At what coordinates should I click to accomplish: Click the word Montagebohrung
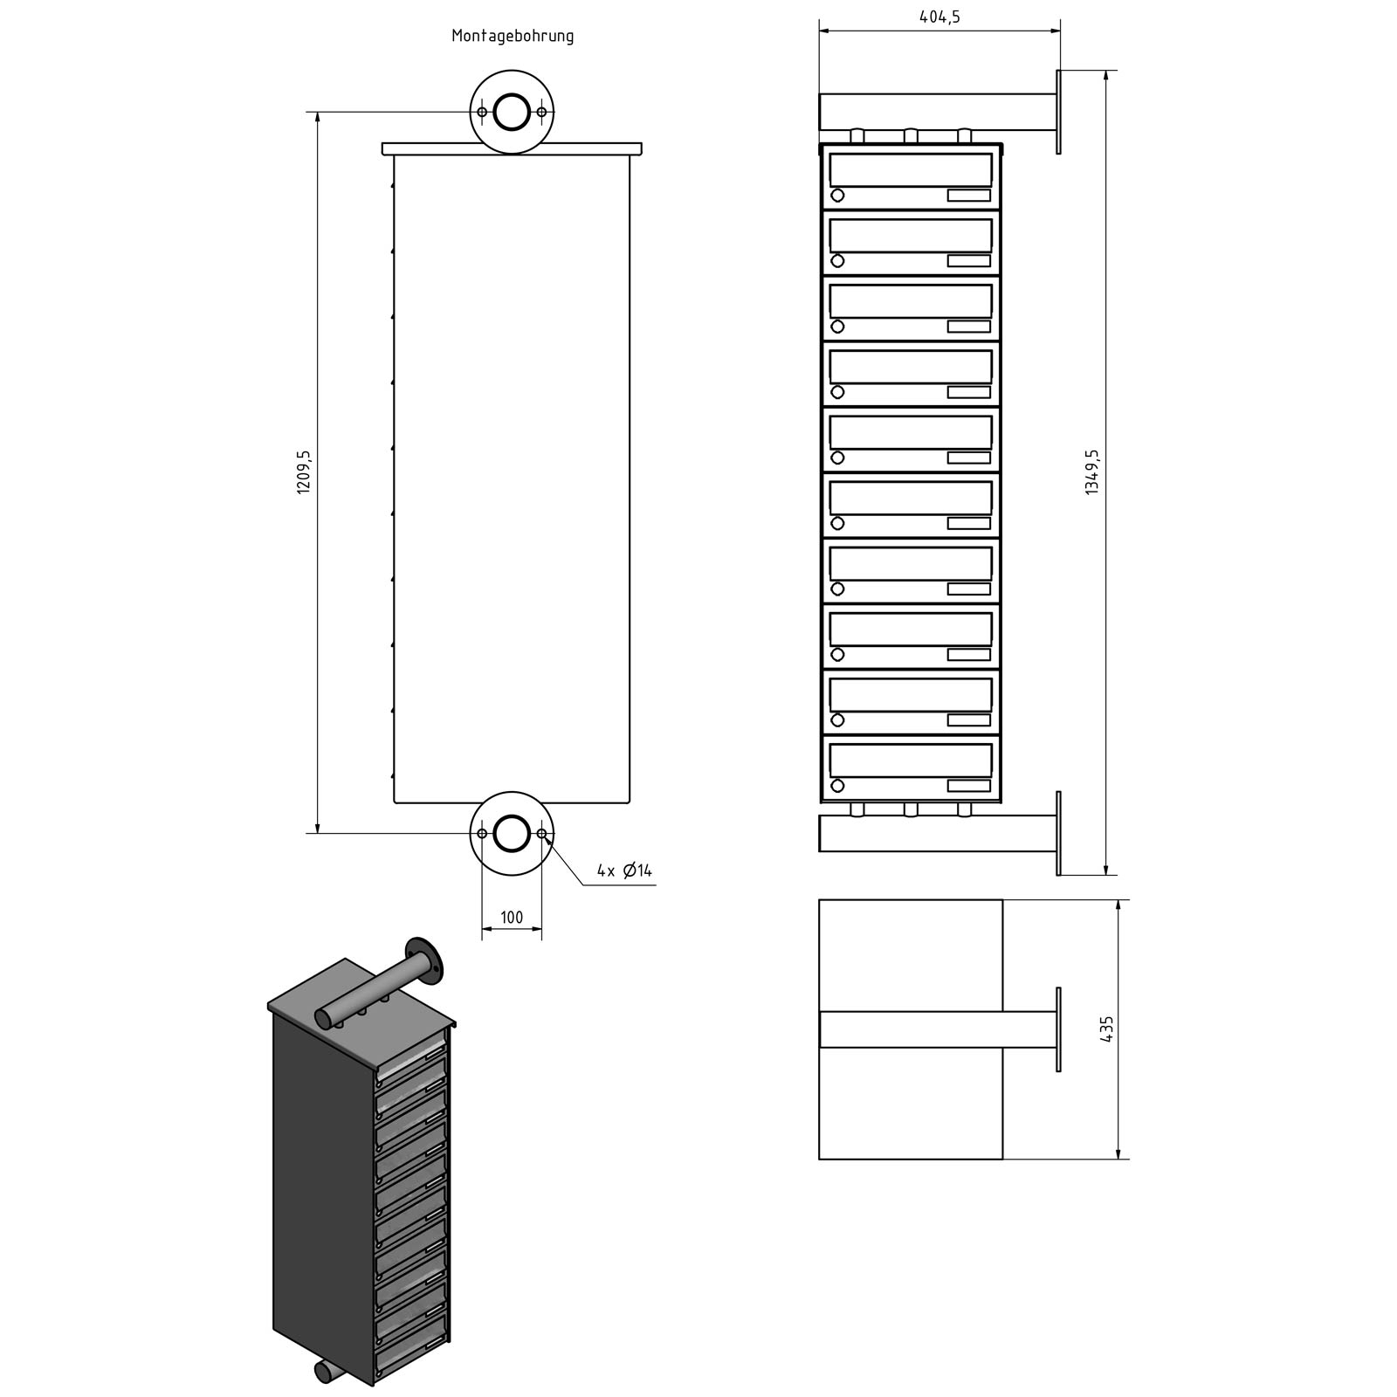tap(513, 36)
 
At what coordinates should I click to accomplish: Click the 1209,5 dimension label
tap(304, 472)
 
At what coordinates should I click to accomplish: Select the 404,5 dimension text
tap(939, 17)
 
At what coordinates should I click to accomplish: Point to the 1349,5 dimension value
tap(1092, 472)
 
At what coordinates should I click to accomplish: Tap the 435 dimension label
tap(1106, 1030)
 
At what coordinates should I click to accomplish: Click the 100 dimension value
tap(512, 917)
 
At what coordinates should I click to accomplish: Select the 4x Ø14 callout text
tap(624, 871)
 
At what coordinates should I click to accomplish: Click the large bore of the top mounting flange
tap(512, 112)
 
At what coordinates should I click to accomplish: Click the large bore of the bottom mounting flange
tap(512, 833)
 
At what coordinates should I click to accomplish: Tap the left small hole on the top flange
tap(482, 112)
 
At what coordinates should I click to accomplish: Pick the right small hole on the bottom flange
tap(542, 834)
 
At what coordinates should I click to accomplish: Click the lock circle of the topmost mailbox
tap(837, 196)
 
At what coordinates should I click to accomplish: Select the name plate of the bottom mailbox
tap(968, 786)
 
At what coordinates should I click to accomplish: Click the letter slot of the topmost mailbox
tap(911, 169)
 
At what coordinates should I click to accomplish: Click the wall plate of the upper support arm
tap(1058, 112)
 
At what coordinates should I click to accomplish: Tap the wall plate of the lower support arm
tap(1058, 833)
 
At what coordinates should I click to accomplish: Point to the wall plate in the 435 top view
tap(1058, 1029)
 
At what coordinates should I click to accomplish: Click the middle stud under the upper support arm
tap(911, 136)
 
